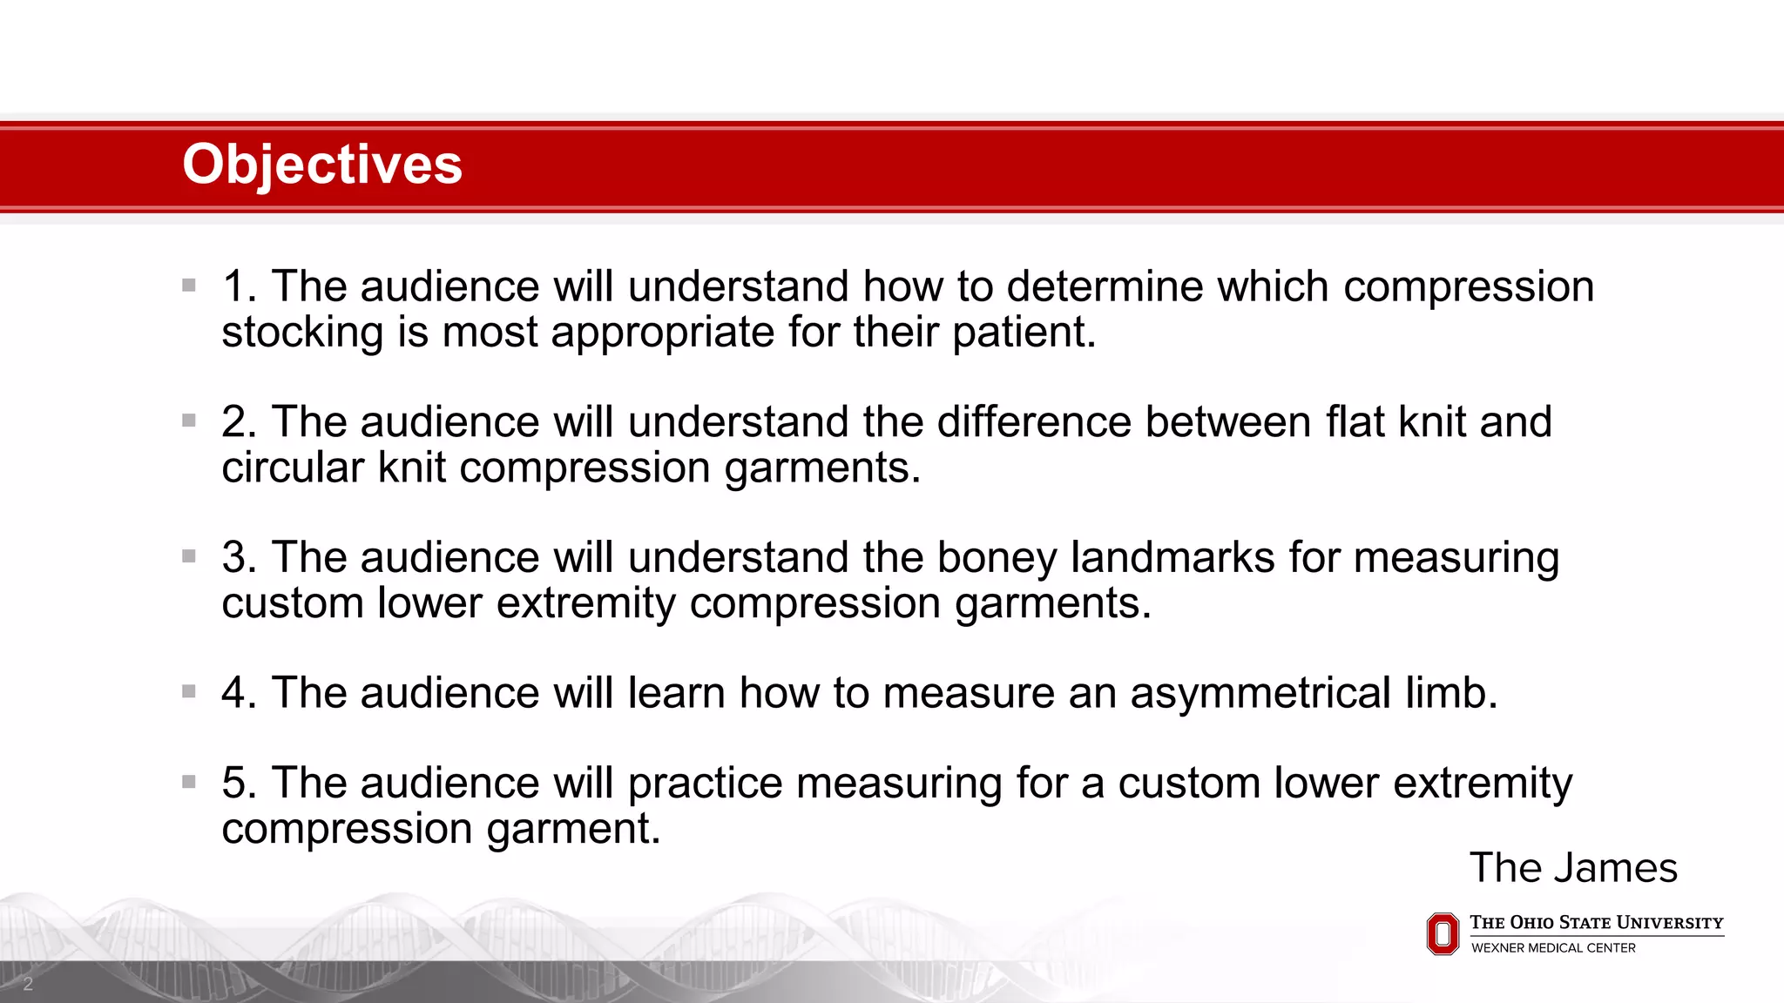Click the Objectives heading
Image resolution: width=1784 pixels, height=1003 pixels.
pos(322,165)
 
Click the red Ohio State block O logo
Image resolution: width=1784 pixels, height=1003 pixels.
pos(1443,934)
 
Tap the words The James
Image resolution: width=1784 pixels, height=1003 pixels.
pos(1573,868)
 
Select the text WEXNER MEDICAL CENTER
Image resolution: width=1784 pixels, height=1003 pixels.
pos(1553,948)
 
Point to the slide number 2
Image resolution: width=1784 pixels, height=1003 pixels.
pos(28,984)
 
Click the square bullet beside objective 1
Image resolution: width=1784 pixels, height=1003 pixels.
pos(189,285)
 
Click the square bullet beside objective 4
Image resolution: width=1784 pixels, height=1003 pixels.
pos(189,691)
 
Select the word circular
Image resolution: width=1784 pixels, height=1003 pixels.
pos(292,468)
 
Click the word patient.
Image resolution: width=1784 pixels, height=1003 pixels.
pos(1024,333)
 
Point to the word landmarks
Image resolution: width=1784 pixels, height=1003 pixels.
pos(1172,557)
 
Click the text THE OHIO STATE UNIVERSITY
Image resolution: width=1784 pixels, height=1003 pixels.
pos(1596,923)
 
